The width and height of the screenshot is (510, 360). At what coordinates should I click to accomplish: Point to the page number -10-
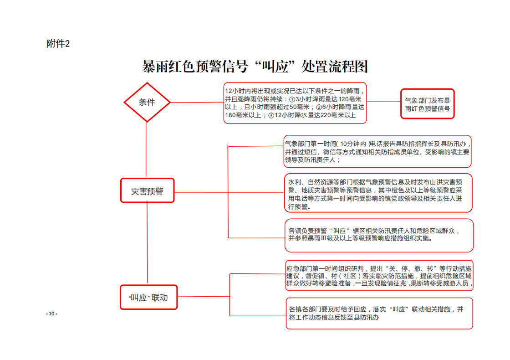[x=52, y=314]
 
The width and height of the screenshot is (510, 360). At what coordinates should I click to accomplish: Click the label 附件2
[x=58, y=44]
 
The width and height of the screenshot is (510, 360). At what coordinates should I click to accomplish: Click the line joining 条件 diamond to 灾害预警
[x=146, y=150]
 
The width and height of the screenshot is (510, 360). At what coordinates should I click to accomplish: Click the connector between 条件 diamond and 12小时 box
[x=197, y=102]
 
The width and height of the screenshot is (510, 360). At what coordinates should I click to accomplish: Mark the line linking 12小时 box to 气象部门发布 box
[x=384, y=102]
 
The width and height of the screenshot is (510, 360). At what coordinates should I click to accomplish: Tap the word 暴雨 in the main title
[x=155, y=67]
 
